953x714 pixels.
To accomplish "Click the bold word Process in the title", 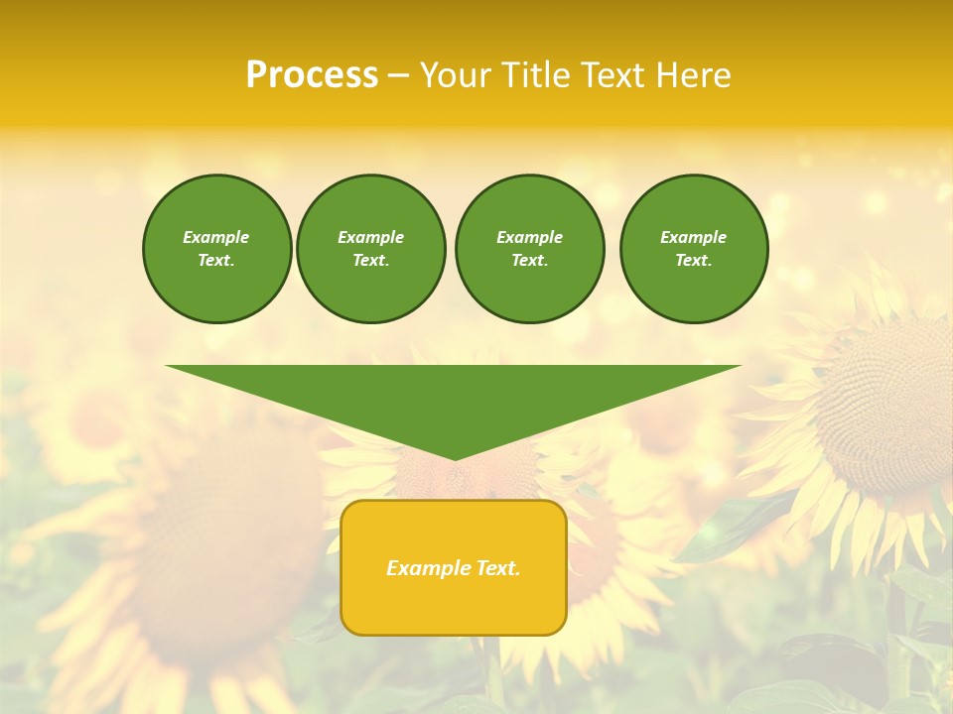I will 312,75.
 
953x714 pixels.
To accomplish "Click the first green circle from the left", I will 216,249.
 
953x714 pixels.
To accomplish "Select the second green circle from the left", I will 371,249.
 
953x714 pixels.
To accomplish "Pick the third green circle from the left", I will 529,249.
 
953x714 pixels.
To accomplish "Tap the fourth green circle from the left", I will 693,249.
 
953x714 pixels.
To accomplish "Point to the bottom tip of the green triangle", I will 455,458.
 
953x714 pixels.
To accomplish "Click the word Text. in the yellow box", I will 497,568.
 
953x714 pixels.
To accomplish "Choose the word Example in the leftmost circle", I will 216,237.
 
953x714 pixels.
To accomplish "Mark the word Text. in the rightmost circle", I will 693,261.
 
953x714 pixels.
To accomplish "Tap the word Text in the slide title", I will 615,75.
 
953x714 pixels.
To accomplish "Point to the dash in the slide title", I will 398,75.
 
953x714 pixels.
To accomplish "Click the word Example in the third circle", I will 529,237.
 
